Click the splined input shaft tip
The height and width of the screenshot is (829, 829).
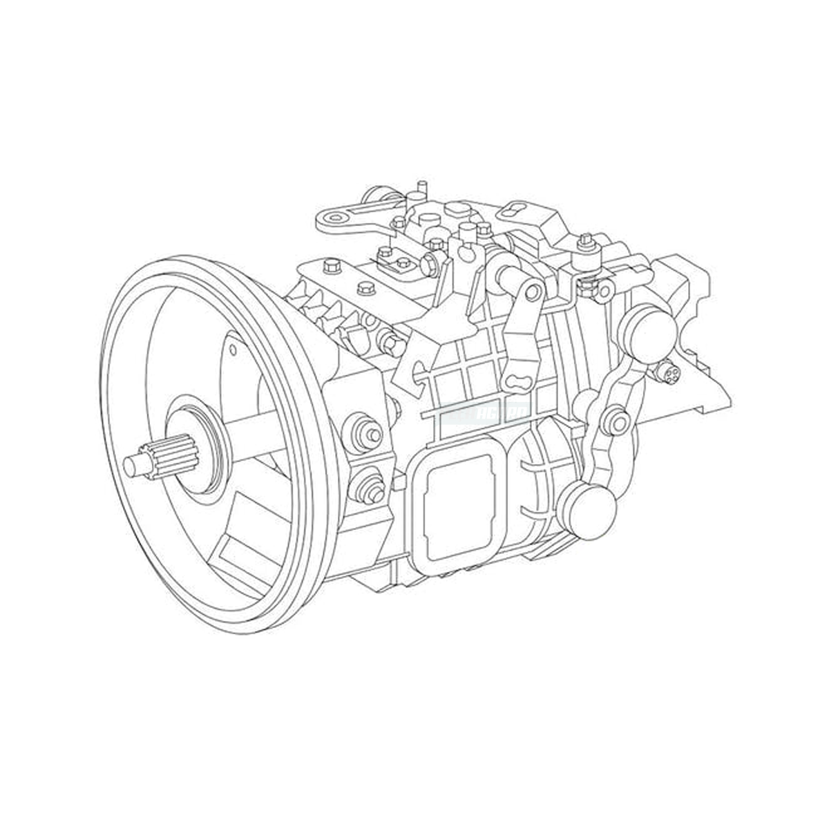pos(135,464)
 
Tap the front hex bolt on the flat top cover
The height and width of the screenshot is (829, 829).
pos(330,265)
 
